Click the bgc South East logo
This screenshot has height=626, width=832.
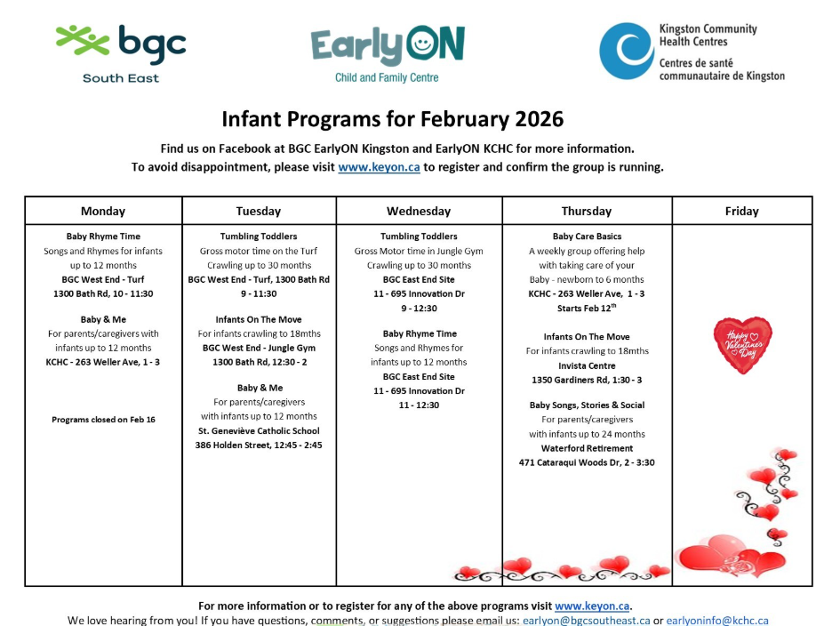121,53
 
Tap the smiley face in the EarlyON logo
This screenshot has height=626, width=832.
422,42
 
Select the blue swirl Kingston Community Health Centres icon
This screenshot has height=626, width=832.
626,51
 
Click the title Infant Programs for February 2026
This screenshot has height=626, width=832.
393,119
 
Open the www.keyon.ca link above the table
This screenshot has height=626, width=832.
379,166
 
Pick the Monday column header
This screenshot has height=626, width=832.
103,211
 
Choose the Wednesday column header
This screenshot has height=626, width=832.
419,211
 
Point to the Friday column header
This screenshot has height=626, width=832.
742,211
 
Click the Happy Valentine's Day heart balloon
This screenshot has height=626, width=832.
743,345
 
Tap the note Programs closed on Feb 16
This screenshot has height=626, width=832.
103,420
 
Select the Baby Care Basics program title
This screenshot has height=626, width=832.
587,237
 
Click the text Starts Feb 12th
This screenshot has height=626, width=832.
587,308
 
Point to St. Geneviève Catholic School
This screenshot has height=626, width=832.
259,430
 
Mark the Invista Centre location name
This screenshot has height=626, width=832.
587,365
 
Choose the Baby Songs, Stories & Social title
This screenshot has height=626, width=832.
587,405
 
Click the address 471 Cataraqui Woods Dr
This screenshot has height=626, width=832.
570,462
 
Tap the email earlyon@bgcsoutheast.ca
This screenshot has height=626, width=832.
587,620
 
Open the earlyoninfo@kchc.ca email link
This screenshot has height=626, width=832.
717,620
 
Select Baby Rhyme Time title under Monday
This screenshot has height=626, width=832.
103,237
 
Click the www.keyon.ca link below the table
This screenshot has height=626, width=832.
592,606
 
